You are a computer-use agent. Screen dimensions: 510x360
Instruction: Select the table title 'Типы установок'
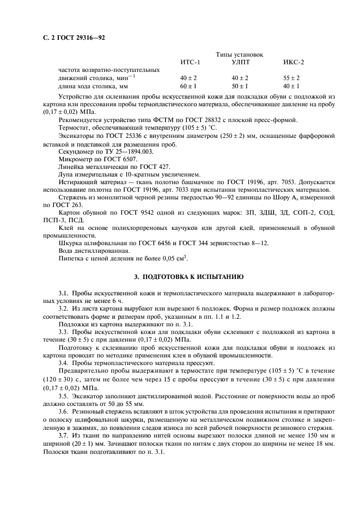tap(240, 55)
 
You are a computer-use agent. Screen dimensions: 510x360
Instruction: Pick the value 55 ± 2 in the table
tap(291, 78)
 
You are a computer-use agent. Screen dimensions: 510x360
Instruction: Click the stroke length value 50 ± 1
tap(240, 86)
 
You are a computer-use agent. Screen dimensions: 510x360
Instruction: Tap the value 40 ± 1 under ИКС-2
tap(291, 86)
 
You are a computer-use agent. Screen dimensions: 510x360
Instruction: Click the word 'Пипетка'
tap(71, 258)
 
